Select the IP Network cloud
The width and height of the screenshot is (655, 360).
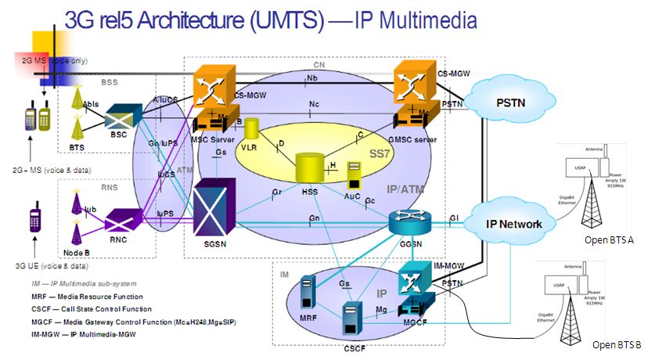pos(513,224)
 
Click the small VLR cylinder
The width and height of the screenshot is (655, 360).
pos(251,130)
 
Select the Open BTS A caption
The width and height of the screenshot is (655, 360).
pos(610,239)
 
